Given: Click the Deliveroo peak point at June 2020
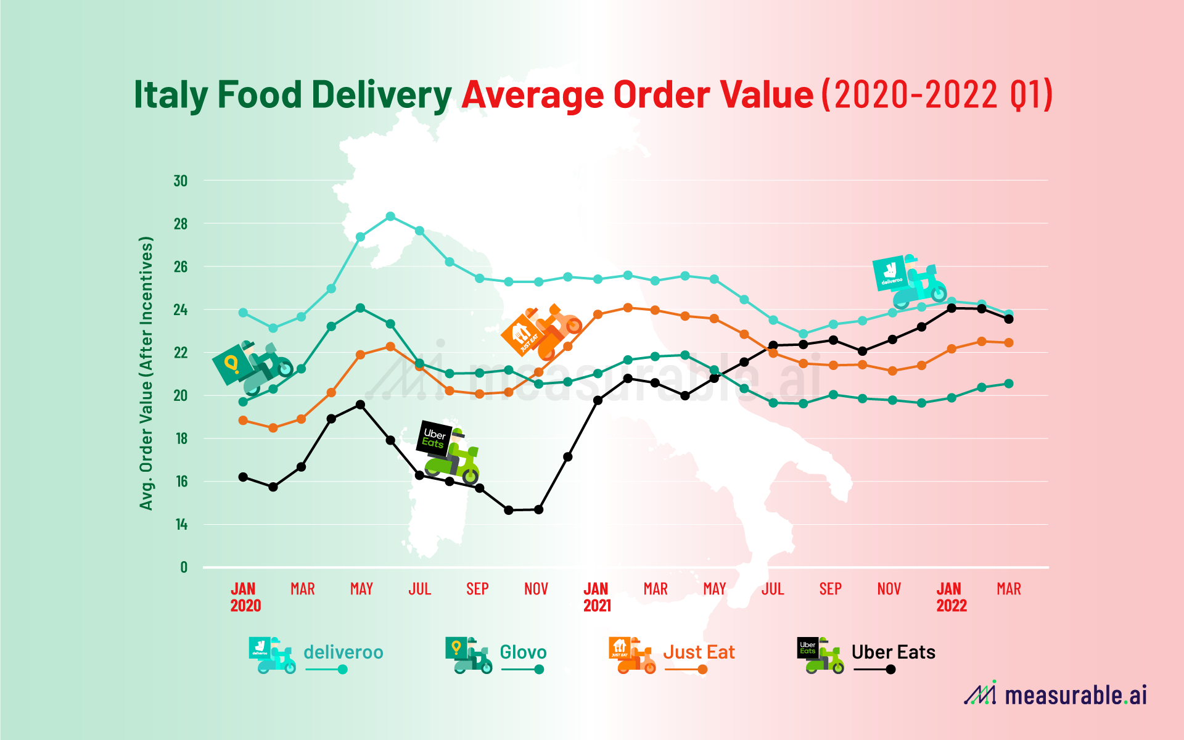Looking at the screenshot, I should click(390, 216).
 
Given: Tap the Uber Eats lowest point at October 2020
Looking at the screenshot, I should click(509, 510).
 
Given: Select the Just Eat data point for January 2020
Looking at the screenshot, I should click(243, 421).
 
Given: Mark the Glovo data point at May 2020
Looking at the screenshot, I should click(361, 308).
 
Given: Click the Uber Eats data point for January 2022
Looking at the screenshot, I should click(952, 308).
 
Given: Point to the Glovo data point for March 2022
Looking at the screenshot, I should click(1009, 384).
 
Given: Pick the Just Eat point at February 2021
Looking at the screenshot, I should click(628, 307).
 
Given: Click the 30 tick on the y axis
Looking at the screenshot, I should click(181, 181).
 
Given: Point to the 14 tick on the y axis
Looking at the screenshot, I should click(181, 525).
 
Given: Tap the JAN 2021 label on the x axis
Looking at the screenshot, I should click(596, 597).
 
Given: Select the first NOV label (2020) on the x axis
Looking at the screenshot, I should click(536, 589).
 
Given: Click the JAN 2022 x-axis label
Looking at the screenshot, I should click(950, 597).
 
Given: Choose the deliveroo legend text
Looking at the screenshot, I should click(343, 652).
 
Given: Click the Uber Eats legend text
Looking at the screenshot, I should click(893, 652).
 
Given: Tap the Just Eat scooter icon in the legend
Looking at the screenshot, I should click(632, 655).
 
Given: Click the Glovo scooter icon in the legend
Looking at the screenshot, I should click(469, 655).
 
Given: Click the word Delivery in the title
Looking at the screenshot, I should click(381, 95).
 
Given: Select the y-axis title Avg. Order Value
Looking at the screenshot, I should click(146, 373).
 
